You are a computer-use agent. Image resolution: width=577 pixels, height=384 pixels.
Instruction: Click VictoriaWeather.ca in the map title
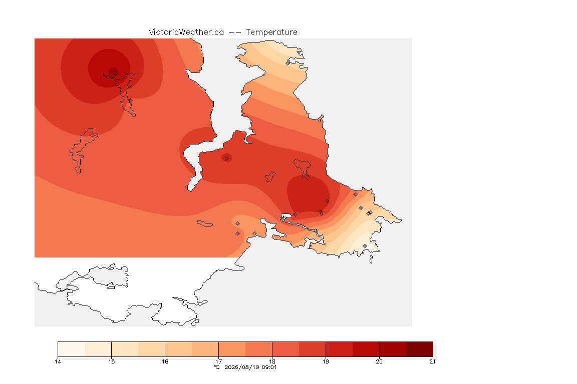tap(186, 32)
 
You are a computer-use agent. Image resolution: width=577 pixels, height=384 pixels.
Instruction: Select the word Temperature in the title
tap(271, 32)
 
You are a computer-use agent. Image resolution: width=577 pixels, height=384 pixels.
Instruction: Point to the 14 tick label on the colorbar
tap(58, 361)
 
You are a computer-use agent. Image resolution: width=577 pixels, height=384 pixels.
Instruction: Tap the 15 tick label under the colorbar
tap(112, 361)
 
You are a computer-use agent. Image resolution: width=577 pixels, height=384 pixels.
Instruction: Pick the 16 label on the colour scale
tap(165, 361)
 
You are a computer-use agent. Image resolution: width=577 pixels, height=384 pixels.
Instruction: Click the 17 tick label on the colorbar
tap(218, 361)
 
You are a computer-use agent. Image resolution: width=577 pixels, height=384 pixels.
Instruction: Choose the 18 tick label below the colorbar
tap(272, 361)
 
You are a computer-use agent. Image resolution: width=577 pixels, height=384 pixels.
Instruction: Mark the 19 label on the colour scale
tap(326, 361)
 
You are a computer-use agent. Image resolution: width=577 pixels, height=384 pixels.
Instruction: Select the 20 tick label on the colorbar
tap(379, 361)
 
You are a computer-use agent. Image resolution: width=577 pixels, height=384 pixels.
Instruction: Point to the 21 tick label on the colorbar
tap(432, 361)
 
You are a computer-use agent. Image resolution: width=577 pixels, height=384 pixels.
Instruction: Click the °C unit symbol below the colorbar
tap(216, 367)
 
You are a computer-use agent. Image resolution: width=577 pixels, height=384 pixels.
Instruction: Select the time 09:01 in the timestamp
tap(269, 367)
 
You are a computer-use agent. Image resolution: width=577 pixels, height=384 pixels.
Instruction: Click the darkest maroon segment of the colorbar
tap(420, 349)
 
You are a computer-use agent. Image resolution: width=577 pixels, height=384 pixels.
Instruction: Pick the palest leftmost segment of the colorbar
tap(71, 349)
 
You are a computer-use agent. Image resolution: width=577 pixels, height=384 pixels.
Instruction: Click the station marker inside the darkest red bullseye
tap(116, 73)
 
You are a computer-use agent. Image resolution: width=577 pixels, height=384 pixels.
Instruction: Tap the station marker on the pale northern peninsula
tap(288, 63)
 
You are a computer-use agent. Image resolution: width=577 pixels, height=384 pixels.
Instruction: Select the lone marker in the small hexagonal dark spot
tap(227, 158)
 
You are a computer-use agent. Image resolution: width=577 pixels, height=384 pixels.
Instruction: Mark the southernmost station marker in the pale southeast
tap(365, 246)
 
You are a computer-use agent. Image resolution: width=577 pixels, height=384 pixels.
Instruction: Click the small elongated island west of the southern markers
tap(205, 223)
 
